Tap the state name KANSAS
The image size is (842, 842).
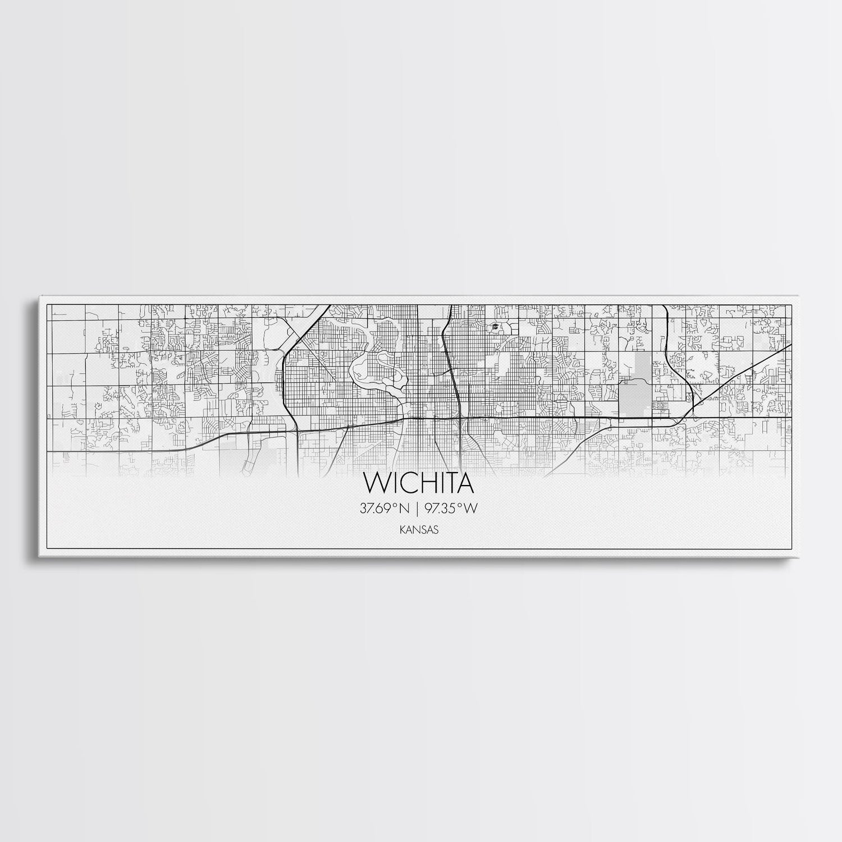point(420,529)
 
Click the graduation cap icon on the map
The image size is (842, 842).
point(495,326)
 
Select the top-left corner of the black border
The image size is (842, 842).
point(46,304)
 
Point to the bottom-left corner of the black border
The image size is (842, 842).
point(46,549)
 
